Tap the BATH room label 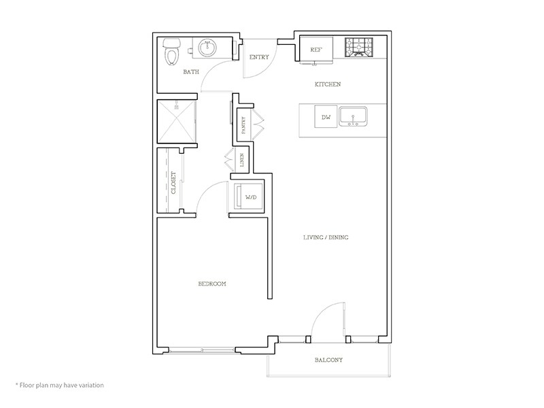[190, 71]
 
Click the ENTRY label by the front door [258, 57]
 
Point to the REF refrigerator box [316, 50]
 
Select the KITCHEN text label [327, 84]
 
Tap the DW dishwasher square [326, 118]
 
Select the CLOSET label [173, 182]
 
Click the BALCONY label [328, 360]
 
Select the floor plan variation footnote [60, 385]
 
